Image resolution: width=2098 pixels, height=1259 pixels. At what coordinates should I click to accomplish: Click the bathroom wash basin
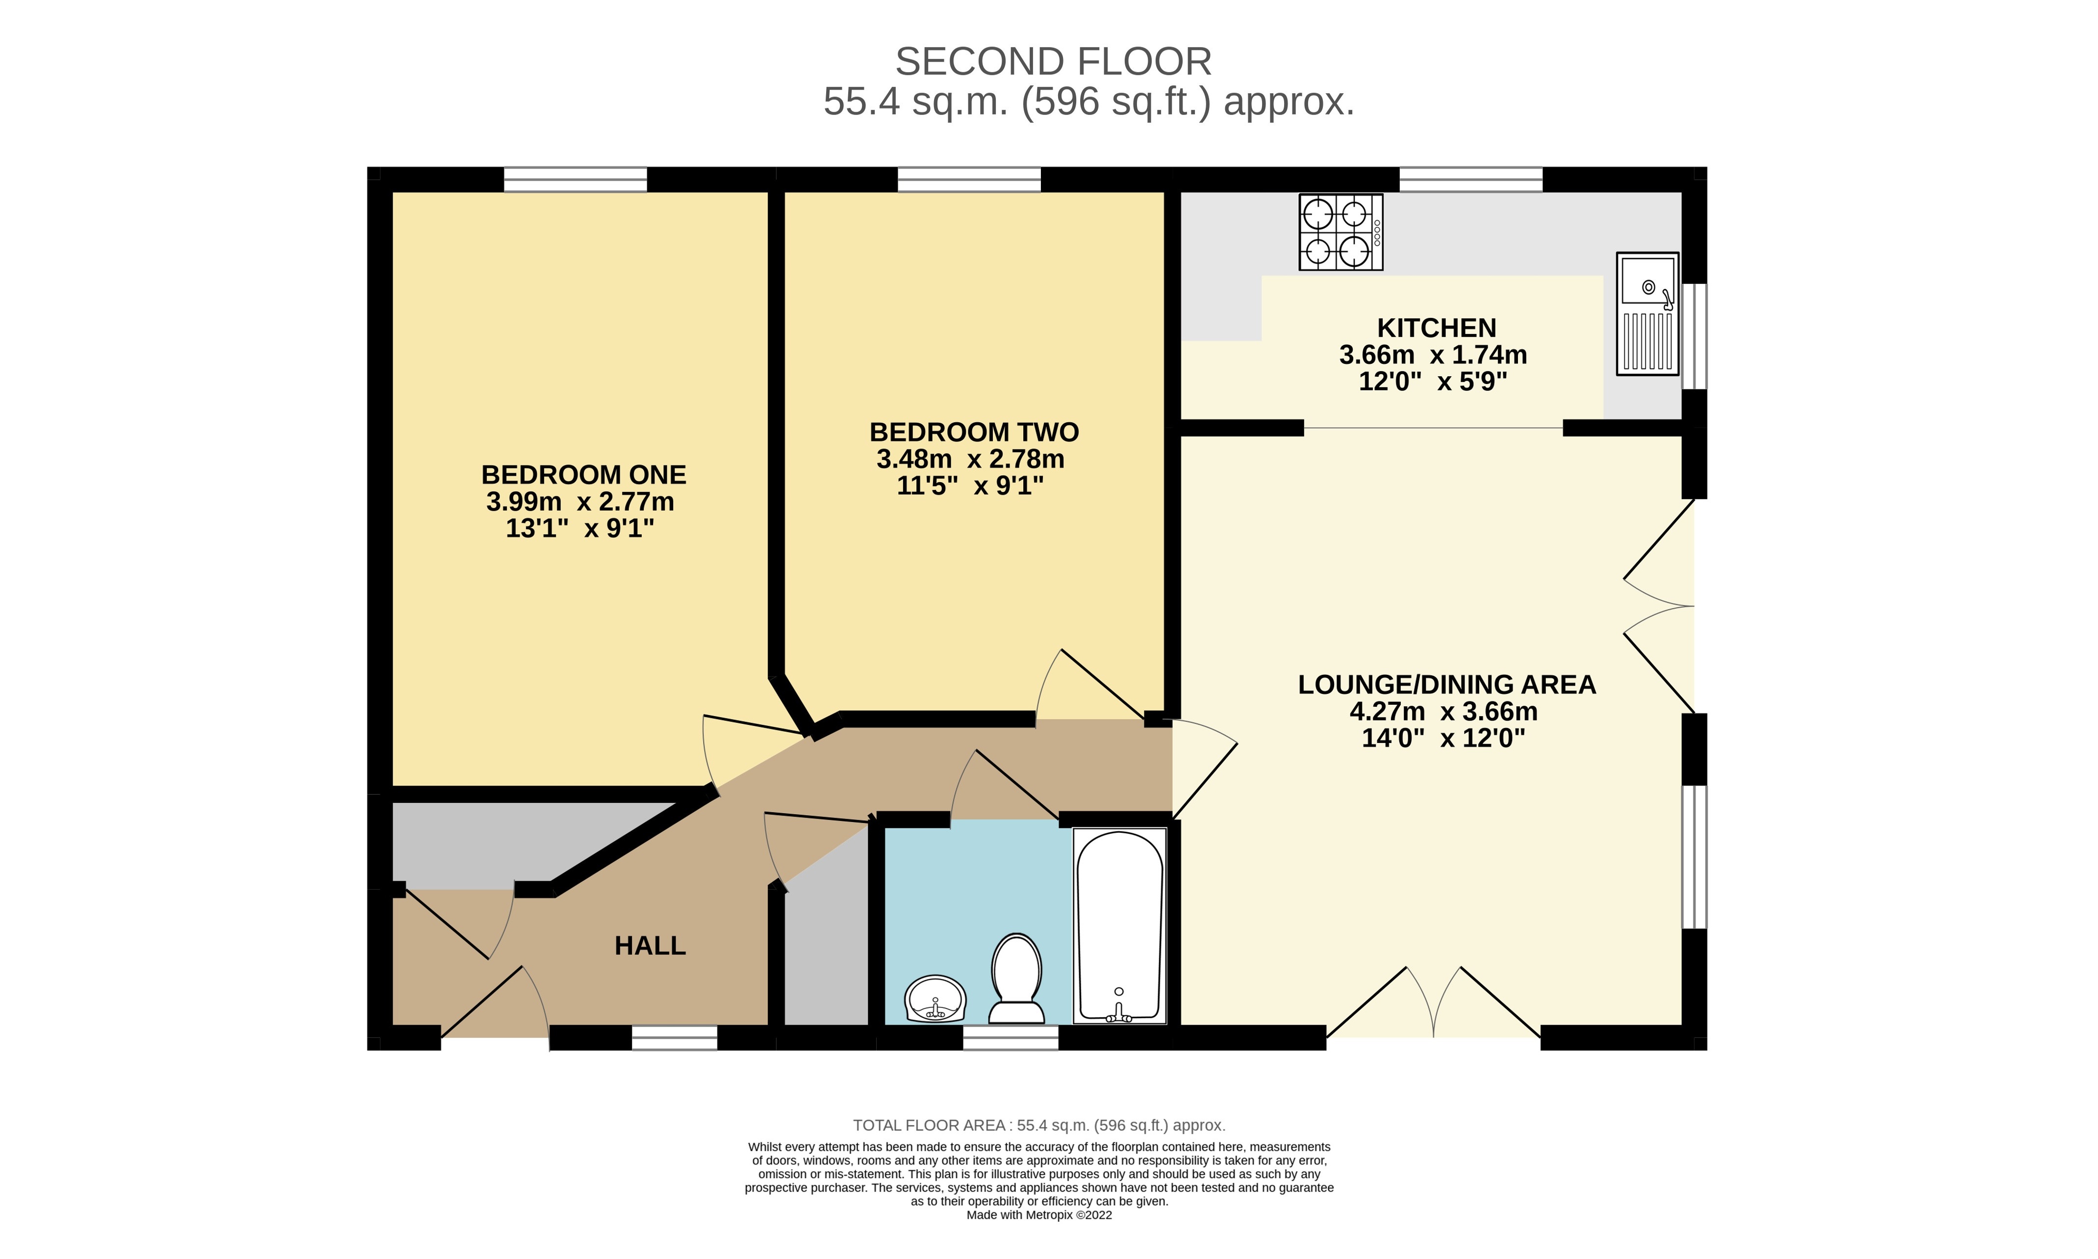(935, 999)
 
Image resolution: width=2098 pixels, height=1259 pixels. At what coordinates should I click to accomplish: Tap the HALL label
(650, 946)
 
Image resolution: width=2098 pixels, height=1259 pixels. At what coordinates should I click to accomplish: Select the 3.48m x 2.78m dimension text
(970, 459)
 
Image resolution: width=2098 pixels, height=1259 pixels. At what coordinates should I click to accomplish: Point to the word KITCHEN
(1437, 328)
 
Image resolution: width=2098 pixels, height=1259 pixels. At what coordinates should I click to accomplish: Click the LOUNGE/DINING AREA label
(1447, 685)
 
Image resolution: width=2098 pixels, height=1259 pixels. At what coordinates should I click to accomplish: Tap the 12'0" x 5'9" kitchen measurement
(1433, 382)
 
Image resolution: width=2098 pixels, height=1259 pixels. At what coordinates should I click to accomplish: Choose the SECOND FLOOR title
(1053, 62)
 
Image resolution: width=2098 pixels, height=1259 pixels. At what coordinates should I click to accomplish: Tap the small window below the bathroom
(1011, 1038)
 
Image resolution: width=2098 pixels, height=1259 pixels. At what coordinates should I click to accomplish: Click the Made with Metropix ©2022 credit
(1039, 1215)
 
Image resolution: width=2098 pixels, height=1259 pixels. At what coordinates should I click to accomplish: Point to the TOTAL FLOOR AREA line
(1039, 1126)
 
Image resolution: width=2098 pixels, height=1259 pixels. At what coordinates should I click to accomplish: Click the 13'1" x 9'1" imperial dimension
(580, 529)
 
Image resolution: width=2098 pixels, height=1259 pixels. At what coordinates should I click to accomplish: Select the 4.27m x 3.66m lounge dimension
(1443, 711)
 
